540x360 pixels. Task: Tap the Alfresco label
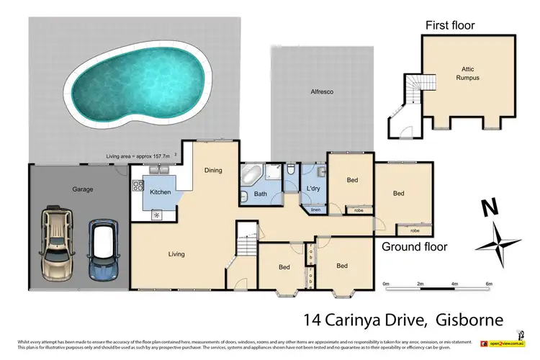click(321, 92)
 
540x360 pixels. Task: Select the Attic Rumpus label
click(471, 73)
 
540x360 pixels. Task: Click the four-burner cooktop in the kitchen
click(138, 185)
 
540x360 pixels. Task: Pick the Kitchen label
click(160, 192)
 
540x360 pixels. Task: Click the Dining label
click(212, 171)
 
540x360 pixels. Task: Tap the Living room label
click(176, 254)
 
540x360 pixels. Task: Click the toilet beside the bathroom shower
click(289, 171)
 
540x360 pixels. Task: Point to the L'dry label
click(312, 189)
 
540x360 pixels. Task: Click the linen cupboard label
click(315, 210)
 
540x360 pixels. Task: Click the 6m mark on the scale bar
click(489, 284)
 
